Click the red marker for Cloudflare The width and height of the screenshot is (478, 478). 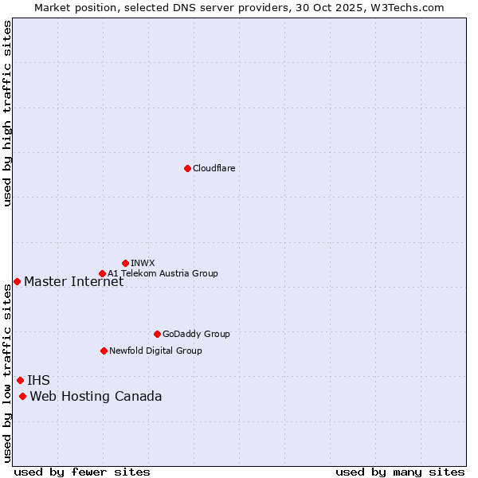[x=187, y=168]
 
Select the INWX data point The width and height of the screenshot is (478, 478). [x=125, y=263]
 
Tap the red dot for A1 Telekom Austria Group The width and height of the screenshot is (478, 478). [x=102, y=273]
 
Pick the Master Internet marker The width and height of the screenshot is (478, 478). [x=17, y=281]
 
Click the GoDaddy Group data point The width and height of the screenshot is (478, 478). [x=157, y=334]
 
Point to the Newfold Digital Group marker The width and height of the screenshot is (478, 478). [x=104, y=351]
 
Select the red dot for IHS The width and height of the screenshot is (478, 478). [x=20, y=380]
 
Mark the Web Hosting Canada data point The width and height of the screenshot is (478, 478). [x=22, y=396]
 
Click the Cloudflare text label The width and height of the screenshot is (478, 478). [x=214, y=168]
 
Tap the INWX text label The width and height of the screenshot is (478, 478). [x=143, y=263]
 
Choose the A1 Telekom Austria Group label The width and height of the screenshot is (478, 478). [x=163, y=273]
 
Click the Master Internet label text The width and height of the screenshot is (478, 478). [x=73, y=281]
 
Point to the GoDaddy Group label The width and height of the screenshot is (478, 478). [x=196, y=334]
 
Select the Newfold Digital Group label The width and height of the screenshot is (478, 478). [x=155, y=351]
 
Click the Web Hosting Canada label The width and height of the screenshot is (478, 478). [x=96, y=396]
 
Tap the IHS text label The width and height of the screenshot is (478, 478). [x=38, y=380]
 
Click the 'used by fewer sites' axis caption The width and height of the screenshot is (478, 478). [x=82, y=472]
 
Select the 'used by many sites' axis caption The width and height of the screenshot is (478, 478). [x=400, y=472]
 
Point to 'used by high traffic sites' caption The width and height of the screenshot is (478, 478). [x=7, y=113]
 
